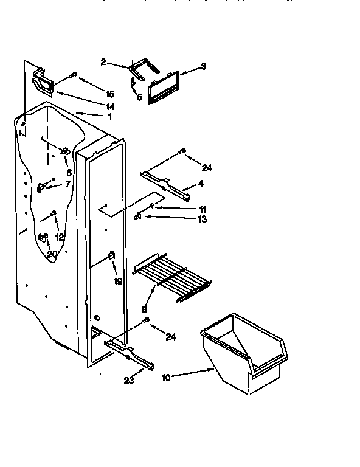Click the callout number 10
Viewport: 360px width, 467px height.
[x=166, y=377]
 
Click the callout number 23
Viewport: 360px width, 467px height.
[x=128, y=381]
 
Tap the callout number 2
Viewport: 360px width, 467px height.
[x=103, y=62]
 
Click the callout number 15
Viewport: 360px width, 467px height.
[x=109, y=94]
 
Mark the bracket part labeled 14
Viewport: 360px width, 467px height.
[x=44, y=82]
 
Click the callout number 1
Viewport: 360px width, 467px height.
[x=110, y=116]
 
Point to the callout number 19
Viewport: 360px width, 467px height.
[x=117, y=281]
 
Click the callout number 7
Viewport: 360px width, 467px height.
[x=67, y=184]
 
